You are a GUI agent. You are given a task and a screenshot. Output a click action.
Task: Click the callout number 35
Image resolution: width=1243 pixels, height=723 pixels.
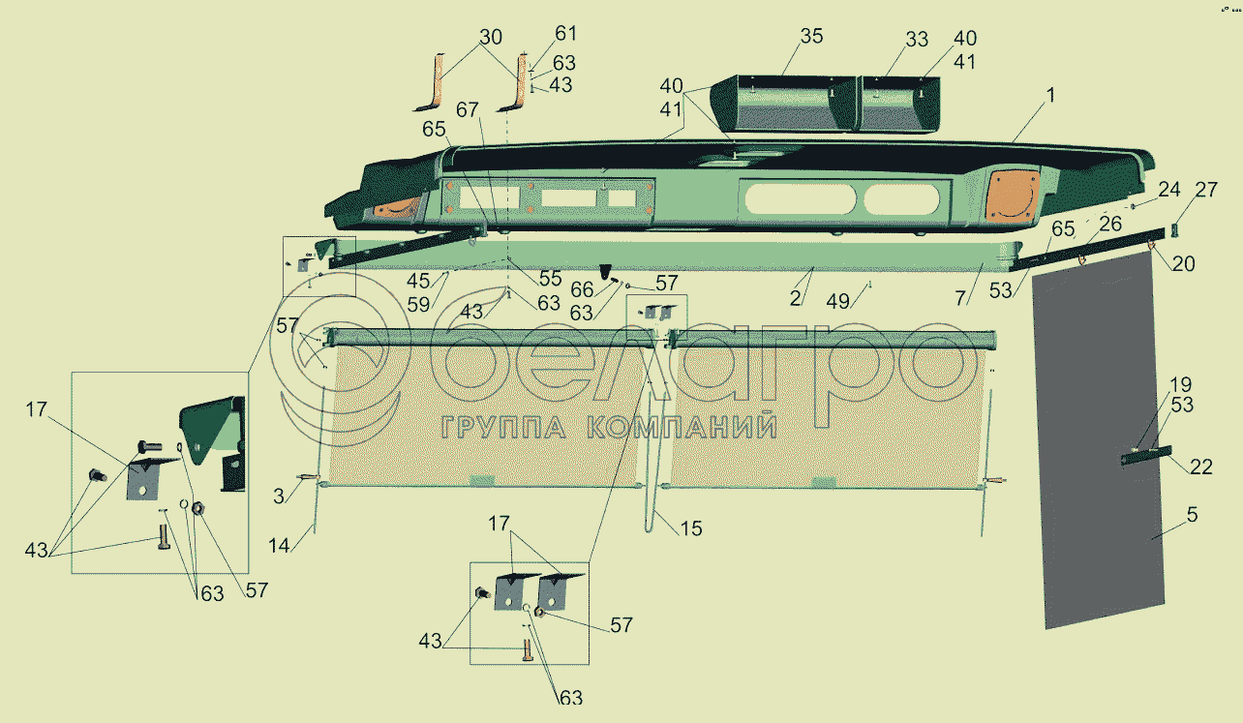[810, 37]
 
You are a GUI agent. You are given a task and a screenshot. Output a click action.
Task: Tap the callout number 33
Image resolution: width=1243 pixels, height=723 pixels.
[917, 40]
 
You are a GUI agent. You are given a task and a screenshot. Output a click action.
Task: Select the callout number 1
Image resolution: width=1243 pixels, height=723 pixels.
[1050, 96]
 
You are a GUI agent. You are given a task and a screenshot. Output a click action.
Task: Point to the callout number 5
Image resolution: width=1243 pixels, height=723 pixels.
[1192, 515]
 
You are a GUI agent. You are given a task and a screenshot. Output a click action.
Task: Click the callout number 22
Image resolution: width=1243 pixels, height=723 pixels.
[1201, 467]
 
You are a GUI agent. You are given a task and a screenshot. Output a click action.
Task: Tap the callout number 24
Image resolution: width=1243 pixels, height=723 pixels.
[1168, 189]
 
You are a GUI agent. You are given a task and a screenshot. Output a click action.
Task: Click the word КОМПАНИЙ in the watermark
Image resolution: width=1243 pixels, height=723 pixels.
[682, 427]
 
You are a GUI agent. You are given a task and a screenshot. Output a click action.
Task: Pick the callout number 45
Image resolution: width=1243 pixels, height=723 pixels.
[419, 281]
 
